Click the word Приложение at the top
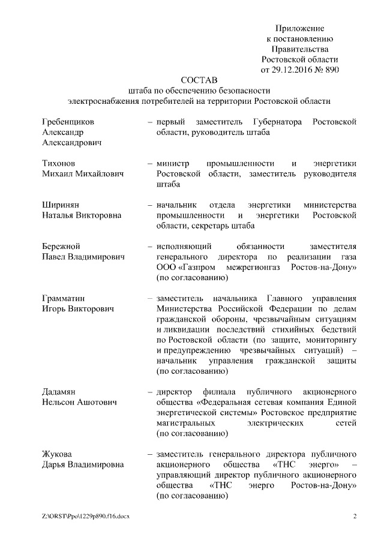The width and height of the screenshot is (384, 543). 300,28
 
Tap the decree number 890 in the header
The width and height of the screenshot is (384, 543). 332,70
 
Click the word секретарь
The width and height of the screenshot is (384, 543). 215,226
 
